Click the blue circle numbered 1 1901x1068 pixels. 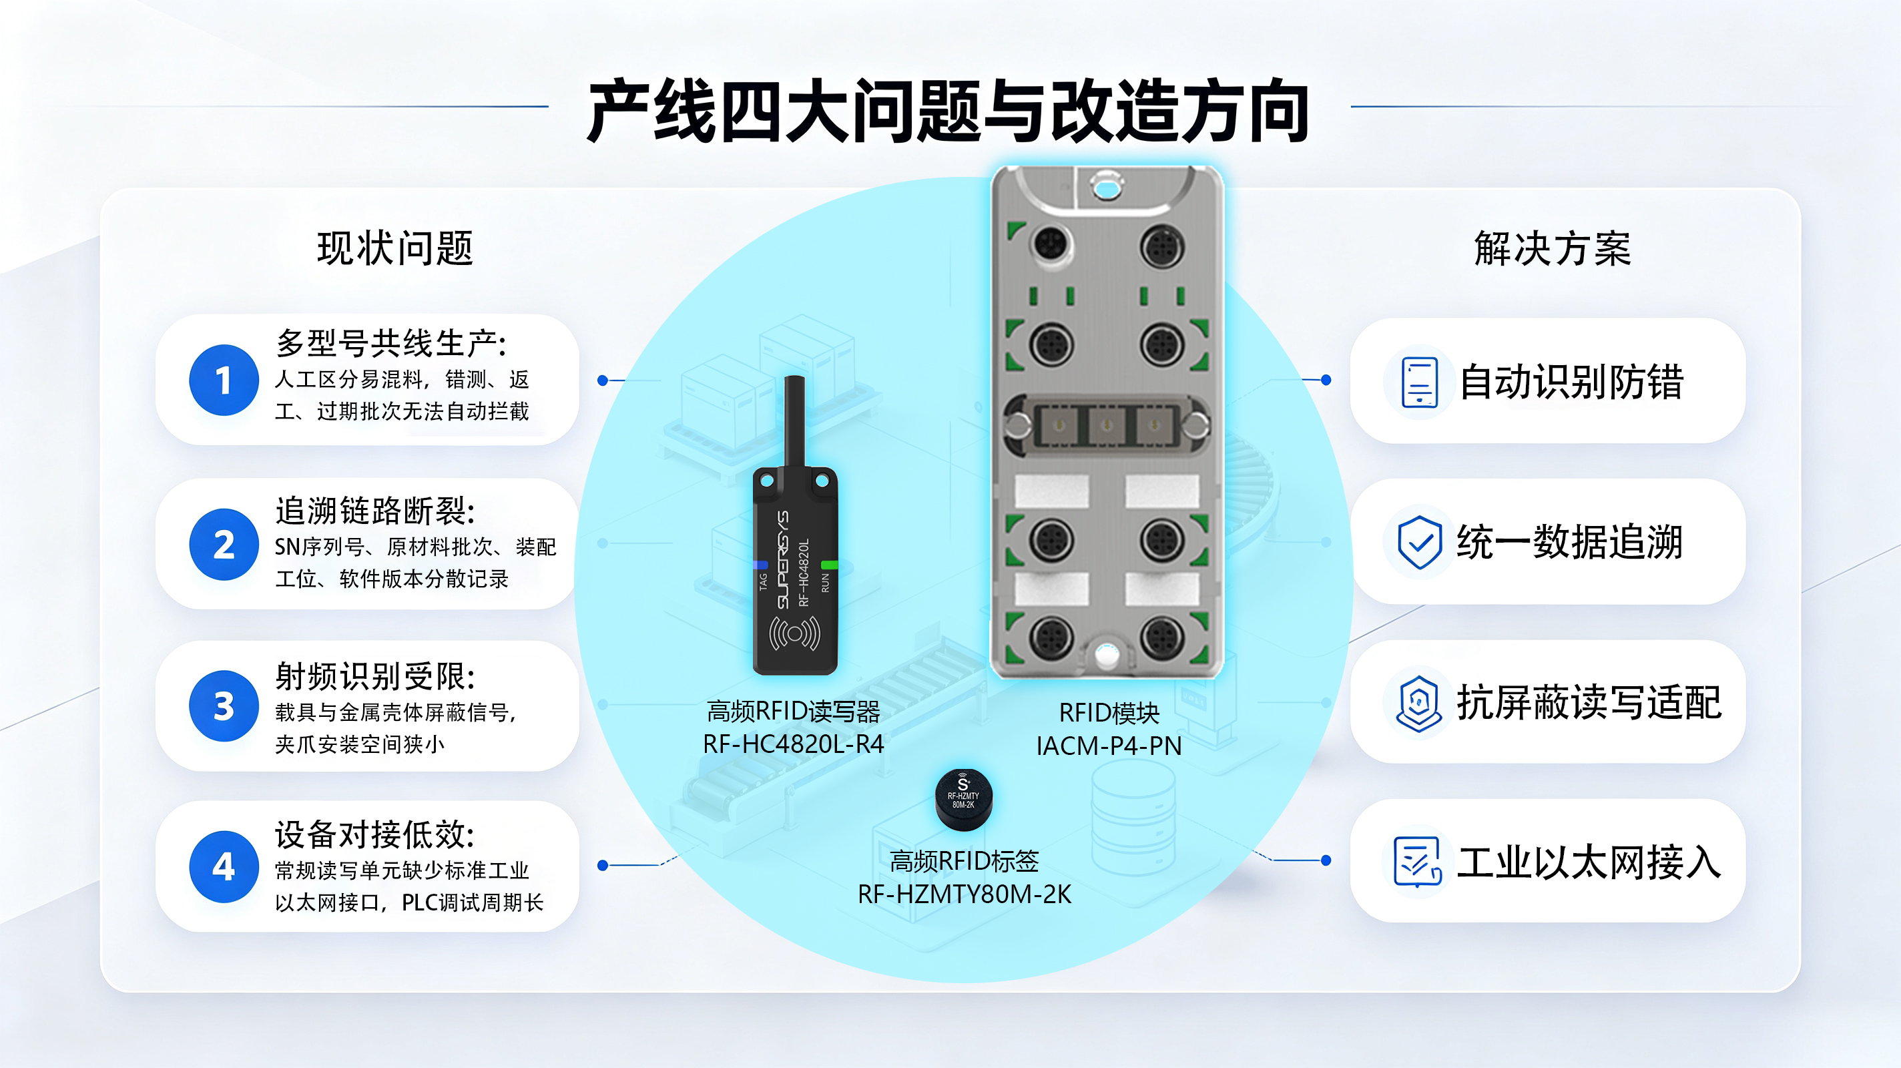(224, 380)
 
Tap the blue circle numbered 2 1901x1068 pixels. (224, 544)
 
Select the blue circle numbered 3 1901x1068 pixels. (224, 706)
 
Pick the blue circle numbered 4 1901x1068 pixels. (224, 866)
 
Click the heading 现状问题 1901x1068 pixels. (394, 248)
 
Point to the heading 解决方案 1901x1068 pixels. (1552, 248)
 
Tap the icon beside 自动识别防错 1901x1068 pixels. (1419, 382)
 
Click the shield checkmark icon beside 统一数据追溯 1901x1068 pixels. (1419, 543)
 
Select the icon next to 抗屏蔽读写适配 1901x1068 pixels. (1418, 703)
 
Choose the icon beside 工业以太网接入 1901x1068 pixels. (1418, 861)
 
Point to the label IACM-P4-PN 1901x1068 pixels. (1109, 746)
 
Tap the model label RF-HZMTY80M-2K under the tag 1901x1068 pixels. (964, 894)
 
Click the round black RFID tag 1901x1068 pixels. (963, 800)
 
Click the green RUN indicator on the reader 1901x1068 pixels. (830, 565)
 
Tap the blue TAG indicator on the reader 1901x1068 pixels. (760, 565)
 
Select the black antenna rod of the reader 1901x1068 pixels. (794, 421)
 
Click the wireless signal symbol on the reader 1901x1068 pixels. (794, 633)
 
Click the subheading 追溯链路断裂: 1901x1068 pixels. (375, 511)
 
